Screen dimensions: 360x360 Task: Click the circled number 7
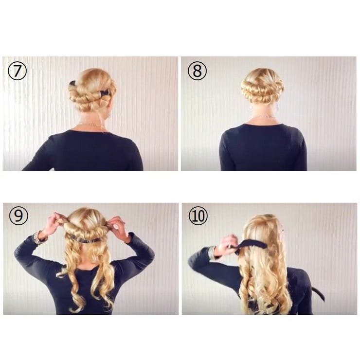click(17, 71)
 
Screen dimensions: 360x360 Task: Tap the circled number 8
click(197, 71)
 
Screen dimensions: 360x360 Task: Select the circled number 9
click(18, 216)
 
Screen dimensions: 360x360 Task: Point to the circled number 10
click(198, 216)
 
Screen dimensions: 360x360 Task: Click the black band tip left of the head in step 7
click(72, 83)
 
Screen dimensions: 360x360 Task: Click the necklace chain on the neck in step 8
click(264, 117)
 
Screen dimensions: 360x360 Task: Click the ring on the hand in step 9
click(117, 227)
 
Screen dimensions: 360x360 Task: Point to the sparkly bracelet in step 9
click(37, 237)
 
